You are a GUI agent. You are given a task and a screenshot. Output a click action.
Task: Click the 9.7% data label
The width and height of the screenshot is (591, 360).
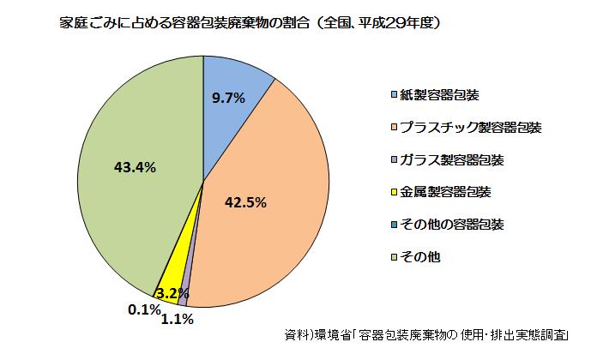click(228, 98)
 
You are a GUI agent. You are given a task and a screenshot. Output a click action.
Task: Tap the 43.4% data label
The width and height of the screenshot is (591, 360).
click(135, 168)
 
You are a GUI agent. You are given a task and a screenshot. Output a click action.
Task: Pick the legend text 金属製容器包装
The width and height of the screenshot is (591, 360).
click(445, 192)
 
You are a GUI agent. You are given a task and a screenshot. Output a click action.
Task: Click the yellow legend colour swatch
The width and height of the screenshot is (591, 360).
click(393, 192)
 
